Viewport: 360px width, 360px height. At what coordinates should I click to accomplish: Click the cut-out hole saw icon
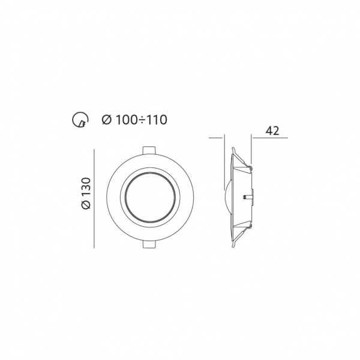(80, 120)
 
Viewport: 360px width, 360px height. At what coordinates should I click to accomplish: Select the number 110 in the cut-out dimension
(156, 120)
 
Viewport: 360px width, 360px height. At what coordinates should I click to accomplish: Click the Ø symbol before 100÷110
(107, 120)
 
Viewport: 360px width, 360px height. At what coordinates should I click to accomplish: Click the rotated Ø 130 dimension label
(86, 193)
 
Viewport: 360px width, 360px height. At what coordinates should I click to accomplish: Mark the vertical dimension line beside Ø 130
(94, 199)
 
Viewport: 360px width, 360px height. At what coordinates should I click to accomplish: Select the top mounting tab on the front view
(149, 151)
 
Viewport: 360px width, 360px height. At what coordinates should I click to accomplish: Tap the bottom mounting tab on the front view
(149, 244)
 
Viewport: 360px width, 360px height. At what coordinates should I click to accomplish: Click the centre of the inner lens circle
(150, 197)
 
